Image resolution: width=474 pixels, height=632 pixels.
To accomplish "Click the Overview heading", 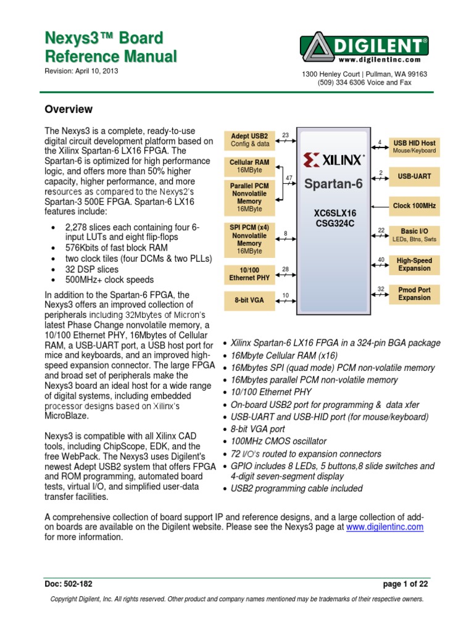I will click(x=69, y=109).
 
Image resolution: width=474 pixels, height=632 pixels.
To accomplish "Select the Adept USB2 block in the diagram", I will click(x=249, y=140).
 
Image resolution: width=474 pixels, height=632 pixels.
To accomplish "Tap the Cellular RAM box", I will click(x=249, y=166).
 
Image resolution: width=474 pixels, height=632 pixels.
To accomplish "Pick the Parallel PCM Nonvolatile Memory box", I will click(x=249, y=197).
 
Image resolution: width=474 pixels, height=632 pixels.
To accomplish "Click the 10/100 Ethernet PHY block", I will click(x=249, y=274).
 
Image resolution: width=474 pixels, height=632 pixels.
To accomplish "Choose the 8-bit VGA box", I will click(x=249, y=301).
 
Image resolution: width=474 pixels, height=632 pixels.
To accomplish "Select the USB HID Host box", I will click(x=414, y=146).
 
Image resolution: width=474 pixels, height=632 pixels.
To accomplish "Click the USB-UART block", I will click(x=414, y=177).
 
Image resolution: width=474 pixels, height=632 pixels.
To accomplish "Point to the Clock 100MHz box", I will click(x=414, y=206).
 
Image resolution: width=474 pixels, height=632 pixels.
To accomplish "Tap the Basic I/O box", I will click(x=414, y=235).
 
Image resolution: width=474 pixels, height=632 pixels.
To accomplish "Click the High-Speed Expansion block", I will click(x=414, y=265).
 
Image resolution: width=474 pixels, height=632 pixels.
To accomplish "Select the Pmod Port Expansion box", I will click(x=414, y=294).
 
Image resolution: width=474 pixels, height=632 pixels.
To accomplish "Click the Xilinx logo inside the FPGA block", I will click(x=333, y=160).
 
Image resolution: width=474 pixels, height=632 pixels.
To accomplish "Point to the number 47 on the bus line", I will click(x=289, y=178).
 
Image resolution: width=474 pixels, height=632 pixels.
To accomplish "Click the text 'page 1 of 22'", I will click(x=404, y=583).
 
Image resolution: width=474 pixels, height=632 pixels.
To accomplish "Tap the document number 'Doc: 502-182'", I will click(x=69, y=583).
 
